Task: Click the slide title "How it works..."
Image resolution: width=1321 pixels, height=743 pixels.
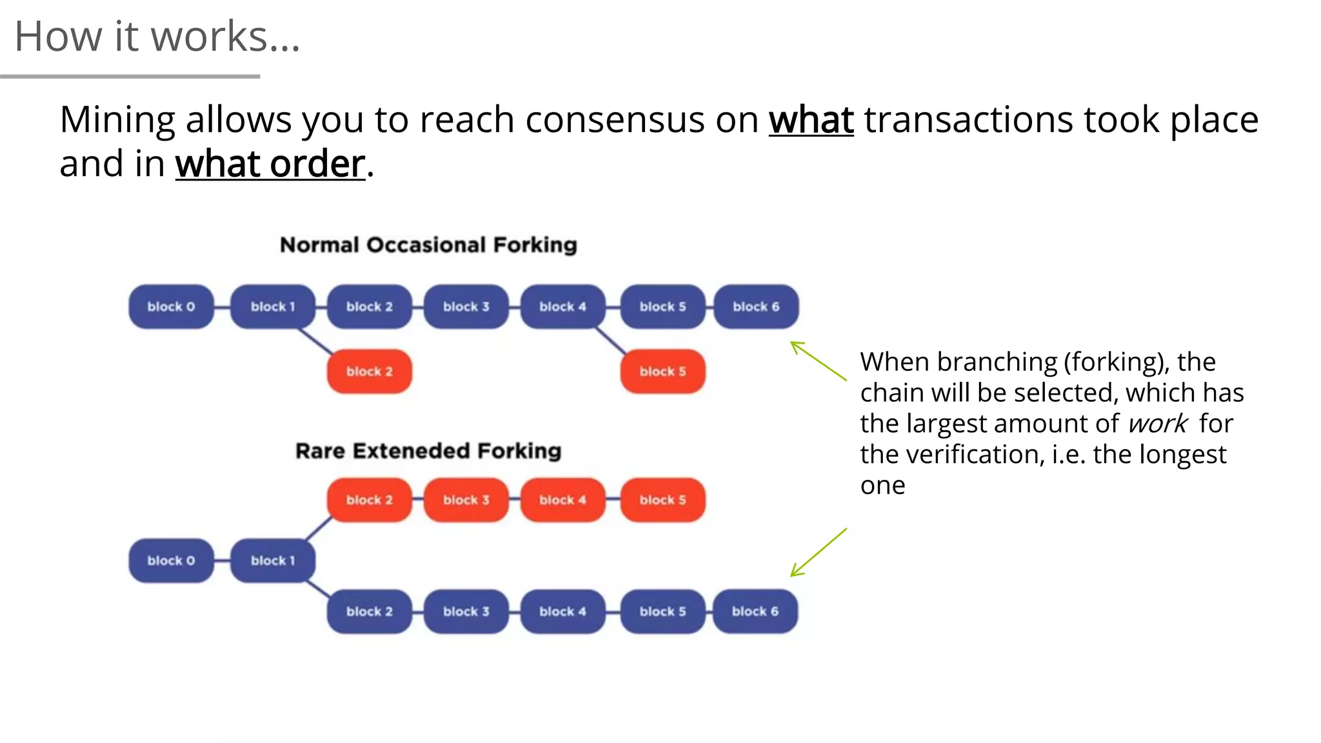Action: [x=157, y=36]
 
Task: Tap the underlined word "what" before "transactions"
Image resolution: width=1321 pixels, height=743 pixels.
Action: [x=811, y=120]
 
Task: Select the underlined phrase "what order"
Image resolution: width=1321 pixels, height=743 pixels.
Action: [x=270, y=164]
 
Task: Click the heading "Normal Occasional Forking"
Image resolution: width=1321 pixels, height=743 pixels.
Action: [x=428, y=245]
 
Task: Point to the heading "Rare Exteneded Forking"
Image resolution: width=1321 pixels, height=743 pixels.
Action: [x=428, y=451]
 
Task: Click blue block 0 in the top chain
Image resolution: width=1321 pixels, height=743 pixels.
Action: [x=171, y=307]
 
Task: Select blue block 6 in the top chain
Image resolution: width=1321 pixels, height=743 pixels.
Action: [x=756, y=307]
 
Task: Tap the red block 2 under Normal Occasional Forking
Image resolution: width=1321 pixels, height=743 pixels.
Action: [x=369, y=371]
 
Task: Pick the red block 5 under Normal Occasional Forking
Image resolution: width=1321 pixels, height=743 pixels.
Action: [x=662, y=371]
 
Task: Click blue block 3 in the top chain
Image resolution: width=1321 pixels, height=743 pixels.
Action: [x=466, y=307]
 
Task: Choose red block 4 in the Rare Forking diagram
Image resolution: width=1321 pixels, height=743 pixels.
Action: [x=562, y=500]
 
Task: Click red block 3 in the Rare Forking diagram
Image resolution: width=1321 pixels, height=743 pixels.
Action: [x=466, y=500]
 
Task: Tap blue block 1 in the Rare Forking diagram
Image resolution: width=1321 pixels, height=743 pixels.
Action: [x=272, y=560]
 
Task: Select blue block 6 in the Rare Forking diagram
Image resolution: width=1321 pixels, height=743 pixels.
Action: [x=755, y=611]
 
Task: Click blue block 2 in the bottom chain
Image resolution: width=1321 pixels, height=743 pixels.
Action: [x=369, y=611]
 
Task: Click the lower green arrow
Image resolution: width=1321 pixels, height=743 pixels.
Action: [x=818, y=552]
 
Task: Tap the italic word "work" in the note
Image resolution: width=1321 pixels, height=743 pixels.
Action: [x=1158, y=424]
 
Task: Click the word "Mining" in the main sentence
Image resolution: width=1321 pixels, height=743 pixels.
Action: [x=117, y=120]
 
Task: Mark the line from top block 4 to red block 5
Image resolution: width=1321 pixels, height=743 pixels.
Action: [x=610, y=340]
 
